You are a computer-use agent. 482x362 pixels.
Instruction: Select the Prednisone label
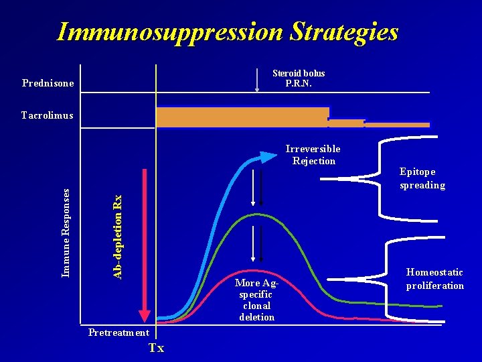pyautogui.click(x=48, y=84)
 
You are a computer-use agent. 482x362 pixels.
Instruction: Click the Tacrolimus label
pyautogui.click(x=47, y=115)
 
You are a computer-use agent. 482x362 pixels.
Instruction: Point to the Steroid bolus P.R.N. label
pyautogui.click(x=299, y=78)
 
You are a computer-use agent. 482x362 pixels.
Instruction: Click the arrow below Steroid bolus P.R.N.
pyautogui.click(x=258, y=80)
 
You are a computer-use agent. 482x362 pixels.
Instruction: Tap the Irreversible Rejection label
pyautogui.click(x=313, y=155)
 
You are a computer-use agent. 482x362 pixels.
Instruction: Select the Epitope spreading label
pyautogui.click(x=422, y=178)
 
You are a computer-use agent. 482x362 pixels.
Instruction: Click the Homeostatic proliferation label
pyautogui.click(x=434, y=279)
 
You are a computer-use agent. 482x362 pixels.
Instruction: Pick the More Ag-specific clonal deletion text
pyautogui.click(x=256, y=300)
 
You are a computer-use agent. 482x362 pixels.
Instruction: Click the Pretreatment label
pyautogui.click(x=119, y=333)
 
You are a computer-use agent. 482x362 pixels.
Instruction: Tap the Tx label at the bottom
pyautogui.click(x=156, y=348)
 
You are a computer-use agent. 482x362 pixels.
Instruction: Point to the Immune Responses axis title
pyautogui.click(x=66, y=232)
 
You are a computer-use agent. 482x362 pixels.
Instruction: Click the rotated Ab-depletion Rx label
pyautogui.click(x=117, y=236)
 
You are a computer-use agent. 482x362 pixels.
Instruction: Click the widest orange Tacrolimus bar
pyautogui.click(x=242, y=117)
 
